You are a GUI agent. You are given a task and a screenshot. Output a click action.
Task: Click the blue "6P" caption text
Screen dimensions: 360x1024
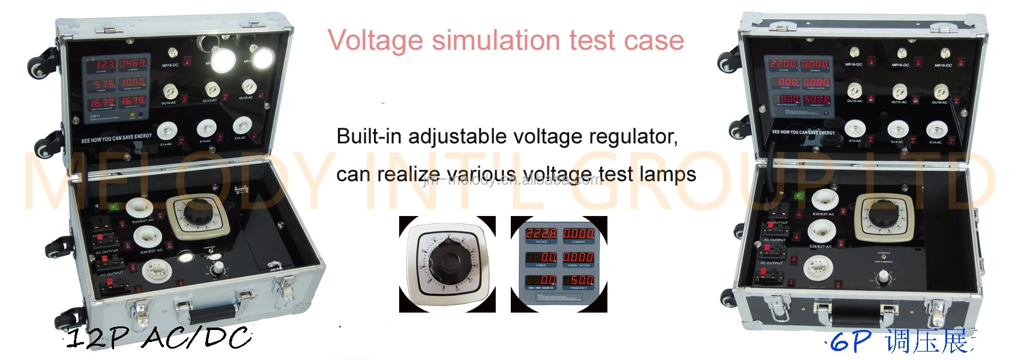(851, 343)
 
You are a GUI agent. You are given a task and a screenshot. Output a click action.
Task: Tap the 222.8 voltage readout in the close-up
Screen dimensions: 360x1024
(541, 233)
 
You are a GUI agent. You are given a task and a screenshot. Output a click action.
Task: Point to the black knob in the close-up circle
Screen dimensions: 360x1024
(447, 263)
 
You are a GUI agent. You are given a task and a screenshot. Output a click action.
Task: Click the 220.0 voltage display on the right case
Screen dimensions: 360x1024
(783, 64)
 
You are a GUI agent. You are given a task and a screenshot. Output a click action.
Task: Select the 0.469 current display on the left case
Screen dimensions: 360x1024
(132, 64)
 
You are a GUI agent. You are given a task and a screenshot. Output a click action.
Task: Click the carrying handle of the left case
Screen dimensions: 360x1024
(213, 312)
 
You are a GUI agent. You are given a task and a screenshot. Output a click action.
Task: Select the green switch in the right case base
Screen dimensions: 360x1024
(798, 195)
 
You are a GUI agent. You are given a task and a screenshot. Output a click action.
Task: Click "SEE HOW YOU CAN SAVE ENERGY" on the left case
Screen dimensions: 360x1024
(116, 139)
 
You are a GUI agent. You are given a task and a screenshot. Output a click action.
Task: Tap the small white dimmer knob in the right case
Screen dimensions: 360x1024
(883, 277)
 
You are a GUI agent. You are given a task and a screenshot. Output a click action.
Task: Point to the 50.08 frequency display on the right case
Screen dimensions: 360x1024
(816, 100)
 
